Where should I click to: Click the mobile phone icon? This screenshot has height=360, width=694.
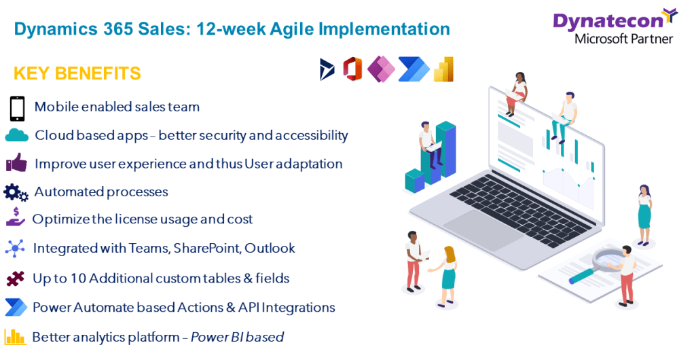tap(17, 109)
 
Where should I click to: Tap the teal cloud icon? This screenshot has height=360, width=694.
tap(17, 135)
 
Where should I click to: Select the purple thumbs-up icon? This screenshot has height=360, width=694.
tap(16, 163)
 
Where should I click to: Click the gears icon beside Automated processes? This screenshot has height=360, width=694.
tap(16, 193)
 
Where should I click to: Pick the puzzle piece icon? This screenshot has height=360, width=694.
tap(16, 278)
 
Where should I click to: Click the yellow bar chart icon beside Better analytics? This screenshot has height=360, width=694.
tap(15, 337)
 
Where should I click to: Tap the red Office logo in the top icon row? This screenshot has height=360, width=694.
tap(352, 69)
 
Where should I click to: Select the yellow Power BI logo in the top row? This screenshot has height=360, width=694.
tap(443, 69)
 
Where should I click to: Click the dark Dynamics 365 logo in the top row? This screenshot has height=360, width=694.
tap(327, 69)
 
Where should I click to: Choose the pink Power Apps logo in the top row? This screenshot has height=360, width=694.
tap(381, 69)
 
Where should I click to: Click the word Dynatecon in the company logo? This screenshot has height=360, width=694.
tap(608, 21)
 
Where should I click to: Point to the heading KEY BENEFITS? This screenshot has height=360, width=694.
tap(77, 73)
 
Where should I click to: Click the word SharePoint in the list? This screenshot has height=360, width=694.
tap(206, 248)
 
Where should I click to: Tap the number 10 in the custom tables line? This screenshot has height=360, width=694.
tap(78, 278)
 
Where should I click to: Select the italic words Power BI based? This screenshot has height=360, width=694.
tap(237, 337)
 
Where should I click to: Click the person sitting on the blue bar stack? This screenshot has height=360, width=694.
tap(429, 145)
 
